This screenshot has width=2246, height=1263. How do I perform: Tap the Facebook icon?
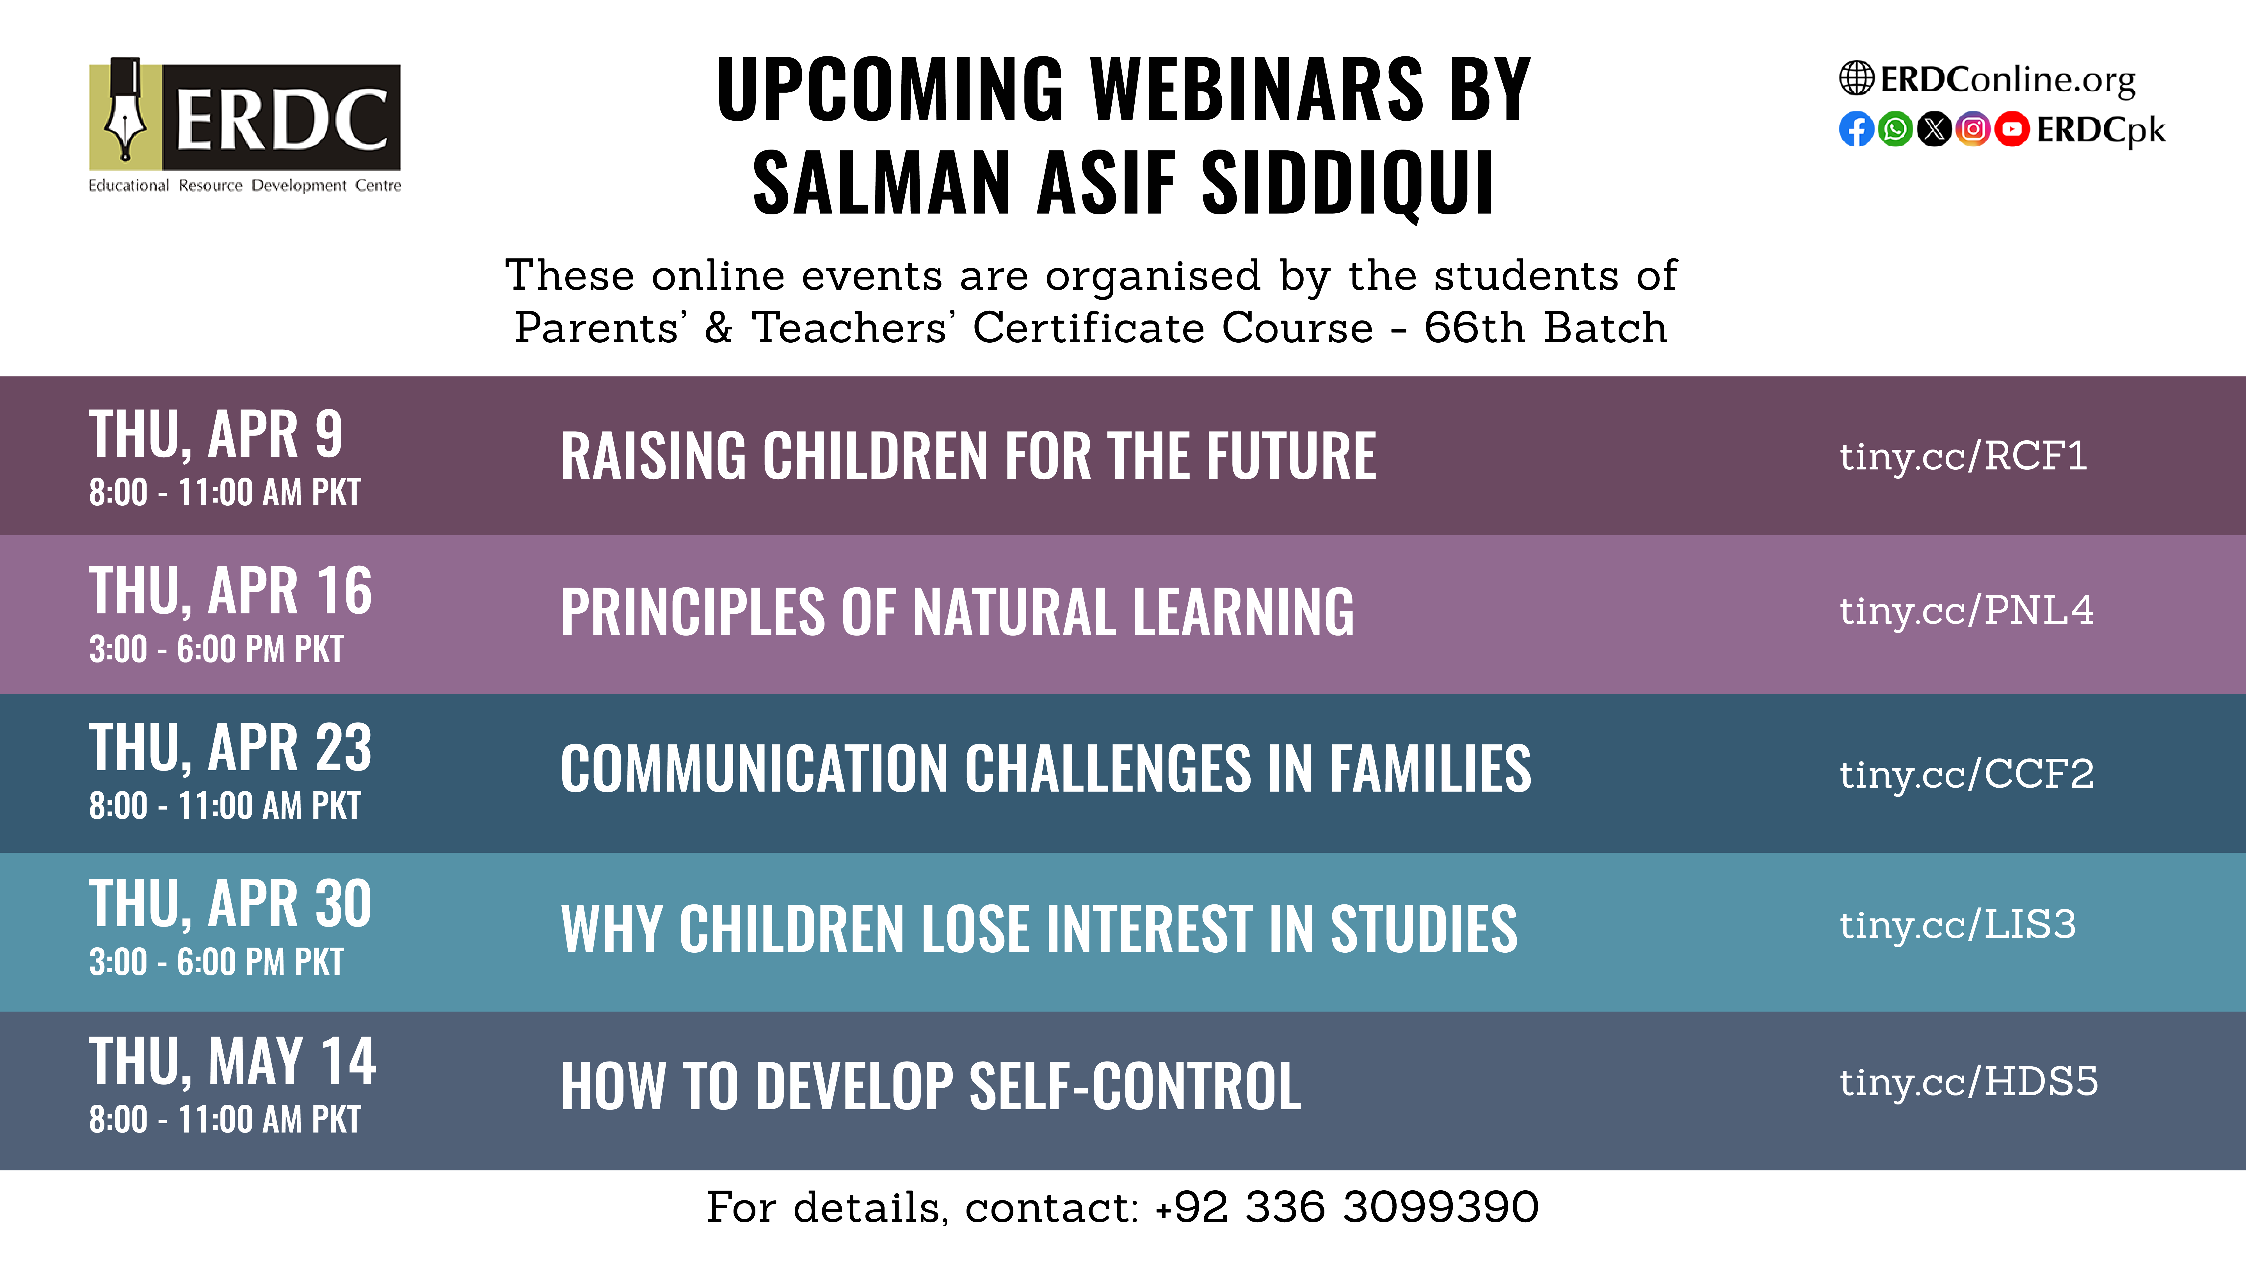tap(1856, 130)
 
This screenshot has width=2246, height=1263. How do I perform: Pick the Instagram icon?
tap(1973, 130)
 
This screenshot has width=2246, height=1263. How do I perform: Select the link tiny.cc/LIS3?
tap(1957, 925)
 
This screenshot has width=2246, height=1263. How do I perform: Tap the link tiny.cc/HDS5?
tap(1969, 1083)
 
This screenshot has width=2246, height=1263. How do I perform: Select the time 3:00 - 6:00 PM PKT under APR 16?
tap(216, 649)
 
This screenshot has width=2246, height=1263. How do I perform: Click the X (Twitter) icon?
tap(1935, 130)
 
